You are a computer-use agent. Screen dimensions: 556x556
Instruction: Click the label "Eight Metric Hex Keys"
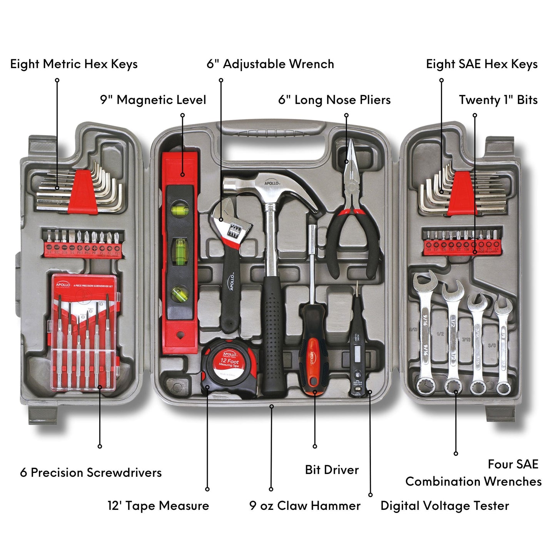(74, 64)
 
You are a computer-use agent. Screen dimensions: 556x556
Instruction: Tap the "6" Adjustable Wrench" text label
(270, 64)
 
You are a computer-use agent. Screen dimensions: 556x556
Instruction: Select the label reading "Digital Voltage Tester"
(444, 505)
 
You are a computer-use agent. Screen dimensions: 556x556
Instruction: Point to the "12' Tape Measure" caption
(158, 505)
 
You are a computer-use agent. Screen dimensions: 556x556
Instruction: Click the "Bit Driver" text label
(332, 469)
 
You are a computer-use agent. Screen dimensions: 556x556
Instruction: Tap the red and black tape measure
(229, 367)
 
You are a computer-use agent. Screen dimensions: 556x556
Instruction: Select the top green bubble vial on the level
(178, 210)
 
